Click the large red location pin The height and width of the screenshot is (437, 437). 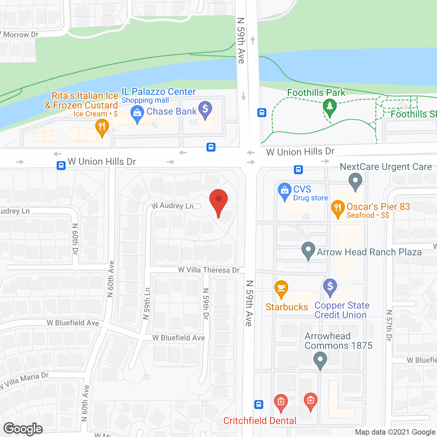[218, 201]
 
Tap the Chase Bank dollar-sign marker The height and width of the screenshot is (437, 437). [205, 109]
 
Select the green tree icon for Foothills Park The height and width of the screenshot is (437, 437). [329, 107]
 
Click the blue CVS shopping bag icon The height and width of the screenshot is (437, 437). [284, 191]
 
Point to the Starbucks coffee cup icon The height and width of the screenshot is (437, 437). [281, 289]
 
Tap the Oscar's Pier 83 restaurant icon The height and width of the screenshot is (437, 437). [338, 208]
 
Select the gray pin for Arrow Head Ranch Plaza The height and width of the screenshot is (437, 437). [308, 250]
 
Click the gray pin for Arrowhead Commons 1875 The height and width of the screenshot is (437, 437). [320, 360]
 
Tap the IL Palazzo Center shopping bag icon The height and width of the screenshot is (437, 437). [137, 113]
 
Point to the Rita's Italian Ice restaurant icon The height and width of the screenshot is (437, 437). [102, 127]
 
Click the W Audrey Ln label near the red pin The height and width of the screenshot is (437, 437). [173, 206]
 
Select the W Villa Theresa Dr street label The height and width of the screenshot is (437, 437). [209, 270]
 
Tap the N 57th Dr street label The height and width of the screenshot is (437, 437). [389, 325]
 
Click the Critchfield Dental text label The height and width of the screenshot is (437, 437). [260, 421]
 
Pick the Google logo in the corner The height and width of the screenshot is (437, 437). [23, 429]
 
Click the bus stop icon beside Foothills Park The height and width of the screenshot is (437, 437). [262, 113]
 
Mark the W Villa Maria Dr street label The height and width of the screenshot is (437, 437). [25, 381]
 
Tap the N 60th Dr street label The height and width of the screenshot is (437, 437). [75, 239]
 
